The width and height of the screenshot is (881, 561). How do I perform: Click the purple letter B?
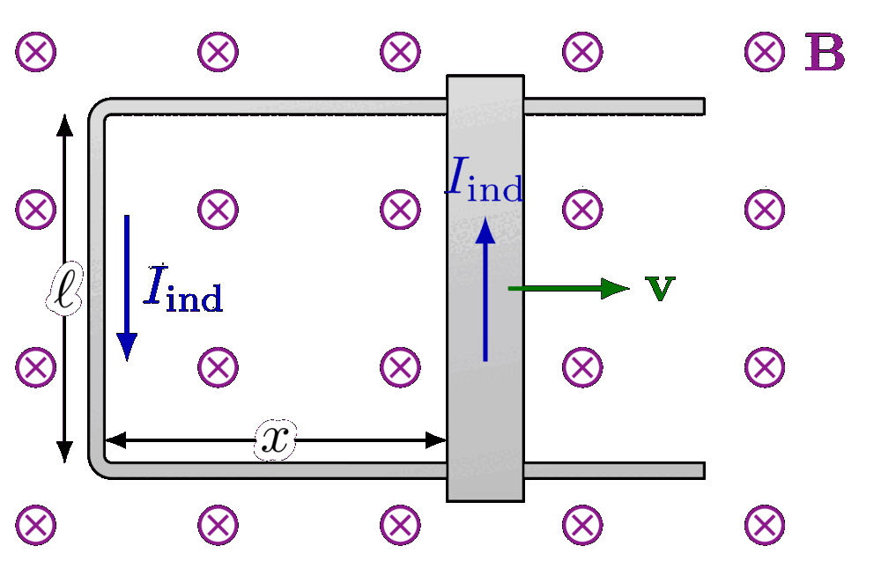(825, 54)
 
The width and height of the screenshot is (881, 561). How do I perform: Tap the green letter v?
(660, 288)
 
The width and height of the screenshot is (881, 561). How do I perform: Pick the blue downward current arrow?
(127, 287)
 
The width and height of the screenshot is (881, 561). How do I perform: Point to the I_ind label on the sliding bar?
(485, 181)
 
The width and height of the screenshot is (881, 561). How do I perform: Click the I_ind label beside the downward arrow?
(183, 288)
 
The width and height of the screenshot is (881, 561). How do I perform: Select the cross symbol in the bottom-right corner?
(764, 525)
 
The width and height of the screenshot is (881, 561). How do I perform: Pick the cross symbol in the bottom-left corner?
(35, 525)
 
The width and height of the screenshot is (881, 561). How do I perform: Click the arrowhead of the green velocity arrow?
(616, 288)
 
